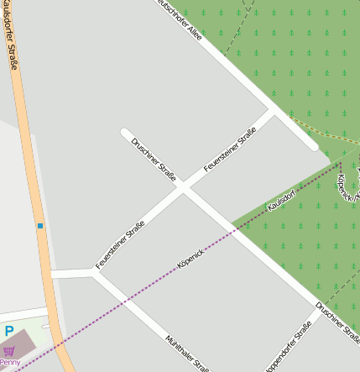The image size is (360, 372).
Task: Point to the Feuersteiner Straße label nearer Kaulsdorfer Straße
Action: pyautogui.click(x=120, y=244)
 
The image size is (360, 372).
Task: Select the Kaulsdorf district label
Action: pyautogui.click(x=281, y=201)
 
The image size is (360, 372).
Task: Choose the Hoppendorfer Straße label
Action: pyautogui.click(x=289, y=345)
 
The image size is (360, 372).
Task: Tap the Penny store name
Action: pyautogui.click(x=10, y=362)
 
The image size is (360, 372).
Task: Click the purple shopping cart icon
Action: pyautogui.click(x=9, y=350)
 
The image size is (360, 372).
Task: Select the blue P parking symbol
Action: pyautogui.click(x=9, y=332)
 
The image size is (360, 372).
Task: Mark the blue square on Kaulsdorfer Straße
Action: pyautogui.click(x=39, y=226)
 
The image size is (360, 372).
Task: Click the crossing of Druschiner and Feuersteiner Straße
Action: pyautogui.click(x=183, y=189)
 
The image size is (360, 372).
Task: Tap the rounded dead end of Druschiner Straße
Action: pyautogui.click(x=125, y=133)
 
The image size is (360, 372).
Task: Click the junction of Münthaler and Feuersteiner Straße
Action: pyautogui.click(x=91, y=272)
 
